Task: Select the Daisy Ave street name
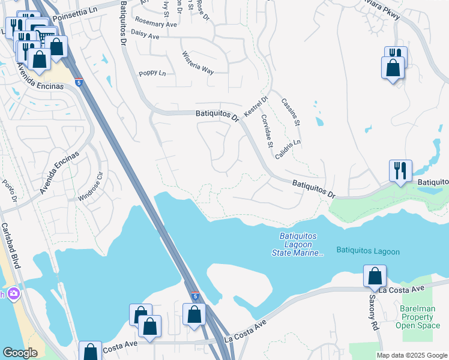click(145, 36)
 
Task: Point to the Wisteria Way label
click(198, 63)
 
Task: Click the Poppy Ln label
click(152, 73)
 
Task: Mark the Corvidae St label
click(268, 133)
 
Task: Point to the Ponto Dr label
click(9, 191)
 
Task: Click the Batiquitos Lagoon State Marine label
click(302, 245)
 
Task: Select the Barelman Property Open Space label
click(418, 317)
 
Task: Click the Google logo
click(20, 353)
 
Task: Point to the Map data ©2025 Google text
click(411, 355)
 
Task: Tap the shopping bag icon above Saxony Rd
click(375, 276)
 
